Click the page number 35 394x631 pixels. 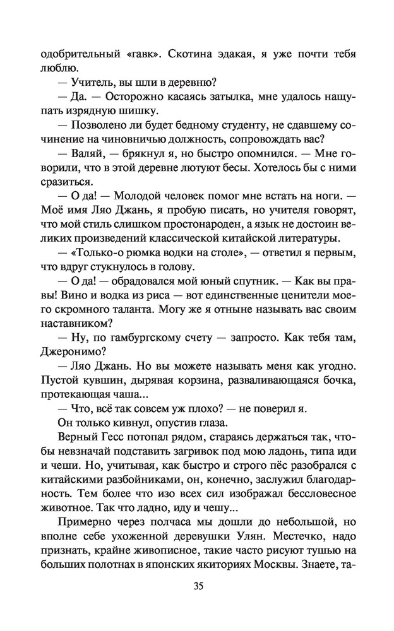pos(198,586)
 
